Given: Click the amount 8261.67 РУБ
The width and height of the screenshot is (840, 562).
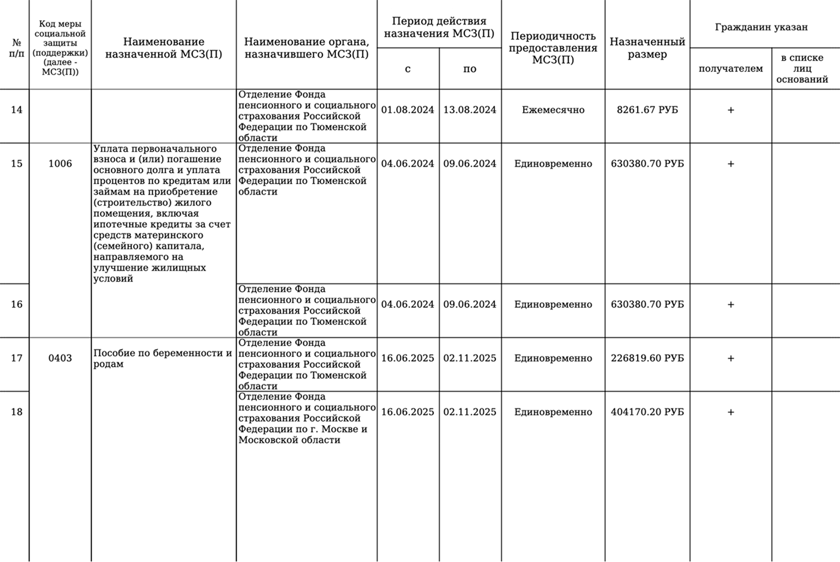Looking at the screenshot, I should pos(647,110).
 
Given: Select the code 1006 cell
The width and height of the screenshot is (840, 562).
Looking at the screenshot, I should pos(60,164).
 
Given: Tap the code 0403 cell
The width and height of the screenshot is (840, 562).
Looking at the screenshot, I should pos(60,358).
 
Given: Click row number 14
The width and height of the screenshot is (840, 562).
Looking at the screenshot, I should pos(16,110).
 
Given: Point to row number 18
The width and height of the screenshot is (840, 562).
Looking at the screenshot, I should pos(16,412).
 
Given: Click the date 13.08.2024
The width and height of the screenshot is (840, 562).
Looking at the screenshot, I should pos(470,110).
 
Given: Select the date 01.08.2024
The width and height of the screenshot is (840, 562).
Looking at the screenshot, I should pos(407,110).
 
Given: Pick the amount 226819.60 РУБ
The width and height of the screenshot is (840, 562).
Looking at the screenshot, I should pos(647,358).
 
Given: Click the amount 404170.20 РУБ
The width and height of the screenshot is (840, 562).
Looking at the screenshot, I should pos(647,412).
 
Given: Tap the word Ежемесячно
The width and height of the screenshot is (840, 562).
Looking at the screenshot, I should pos(553,110).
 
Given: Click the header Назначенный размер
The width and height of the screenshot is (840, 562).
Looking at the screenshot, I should pos(647,48).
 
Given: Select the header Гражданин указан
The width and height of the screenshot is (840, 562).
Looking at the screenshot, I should pos(761,27).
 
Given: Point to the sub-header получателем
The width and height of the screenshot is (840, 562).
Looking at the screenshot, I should pos(730,69).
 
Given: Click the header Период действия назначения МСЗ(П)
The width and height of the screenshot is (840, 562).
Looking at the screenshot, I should pos(439,27).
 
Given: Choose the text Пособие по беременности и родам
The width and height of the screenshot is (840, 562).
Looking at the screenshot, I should pos(163,358).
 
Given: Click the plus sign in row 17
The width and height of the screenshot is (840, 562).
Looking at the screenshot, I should pos(730,358).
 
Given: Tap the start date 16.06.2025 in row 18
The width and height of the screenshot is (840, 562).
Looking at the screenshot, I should pos(407,412).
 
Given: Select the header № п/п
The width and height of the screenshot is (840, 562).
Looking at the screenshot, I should pos(16,49).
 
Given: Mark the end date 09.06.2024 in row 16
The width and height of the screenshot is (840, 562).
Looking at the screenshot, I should pos(470,304).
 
